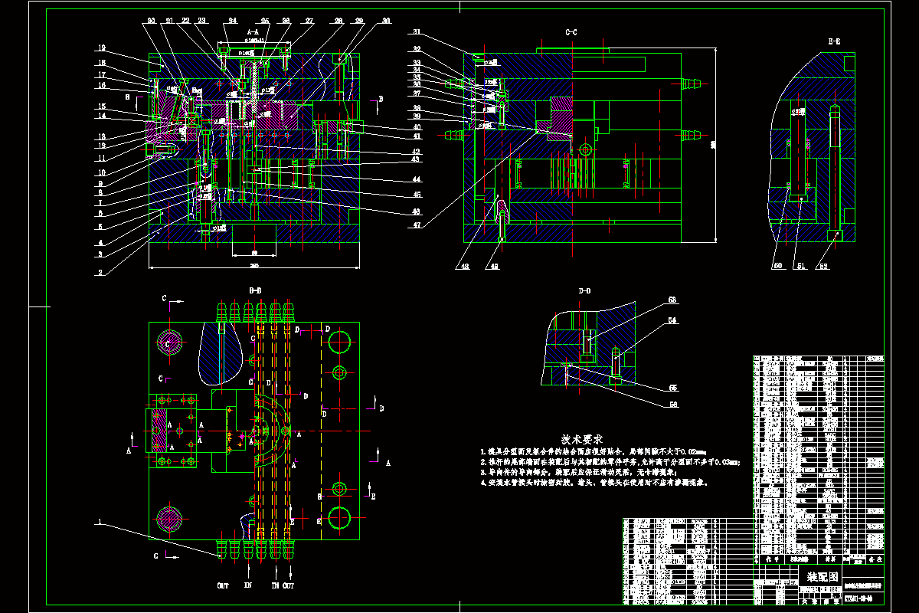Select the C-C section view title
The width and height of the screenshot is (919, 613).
point(571,33)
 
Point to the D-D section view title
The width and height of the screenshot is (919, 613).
point(584,290)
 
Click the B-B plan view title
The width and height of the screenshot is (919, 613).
point(255,290)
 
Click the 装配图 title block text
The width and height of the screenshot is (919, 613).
point(823,576)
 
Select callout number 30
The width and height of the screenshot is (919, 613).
point(386,21)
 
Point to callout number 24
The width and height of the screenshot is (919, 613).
point(232,21)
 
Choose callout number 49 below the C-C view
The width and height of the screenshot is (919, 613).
point(495,267)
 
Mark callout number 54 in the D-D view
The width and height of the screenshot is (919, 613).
point(652,320)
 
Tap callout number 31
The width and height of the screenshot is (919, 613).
point(417,32)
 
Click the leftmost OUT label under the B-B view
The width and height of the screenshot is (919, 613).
point(223,585)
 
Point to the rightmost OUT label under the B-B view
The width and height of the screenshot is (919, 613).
point(288,585)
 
